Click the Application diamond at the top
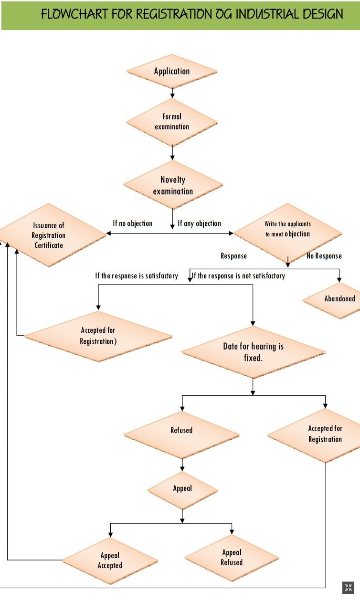tap(172, 72)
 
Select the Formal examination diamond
tap(172, 122)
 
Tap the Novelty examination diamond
tap(173, 185)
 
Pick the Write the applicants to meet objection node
tap(287, 229)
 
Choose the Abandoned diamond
tap(339, 299)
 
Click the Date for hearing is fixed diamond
tap(253, 352)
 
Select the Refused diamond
tap(181, 431)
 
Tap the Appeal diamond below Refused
tap(182, 488)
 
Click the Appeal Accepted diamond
tap(110, 561)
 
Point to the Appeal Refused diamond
tap(232, 558)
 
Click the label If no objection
tap(132, 223)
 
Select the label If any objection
tap(200, 223)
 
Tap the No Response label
tap(324, 256)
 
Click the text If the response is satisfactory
tap(137, 276)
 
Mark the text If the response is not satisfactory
tap(239, 276)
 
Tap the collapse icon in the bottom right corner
tap(348, 588)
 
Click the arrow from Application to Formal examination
tap(172, 94)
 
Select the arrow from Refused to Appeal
tap(182, 464)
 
